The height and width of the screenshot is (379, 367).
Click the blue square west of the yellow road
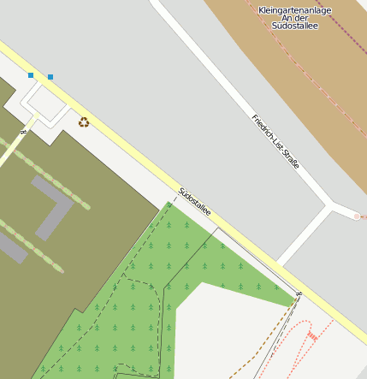coord(31,75)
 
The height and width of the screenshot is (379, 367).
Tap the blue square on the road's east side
coord(50,77)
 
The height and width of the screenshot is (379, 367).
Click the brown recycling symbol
coord(84,122)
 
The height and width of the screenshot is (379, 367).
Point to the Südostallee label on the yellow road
coord(194,201)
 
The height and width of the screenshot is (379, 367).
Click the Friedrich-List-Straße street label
coord(275,140)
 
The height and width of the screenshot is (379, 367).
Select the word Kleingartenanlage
coord(294,10)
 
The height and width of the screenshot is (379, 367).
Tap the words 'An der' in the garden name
coord(294,18)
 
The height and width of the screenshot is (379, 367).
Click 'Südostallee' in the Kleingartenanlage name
coord(294,26)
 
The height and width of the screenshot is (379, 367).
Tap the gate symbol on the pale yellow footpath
coord(24,132)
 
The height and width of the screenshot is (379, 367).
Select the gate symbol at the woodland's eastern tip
coord(299,294)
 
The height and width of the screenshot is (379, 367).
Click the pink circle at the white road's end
coord(357,216)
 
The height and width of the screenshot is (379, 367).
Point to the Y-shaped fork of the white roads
coord(330,205)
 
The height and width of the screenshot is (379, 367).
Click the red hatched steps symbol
coord(312,337)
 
